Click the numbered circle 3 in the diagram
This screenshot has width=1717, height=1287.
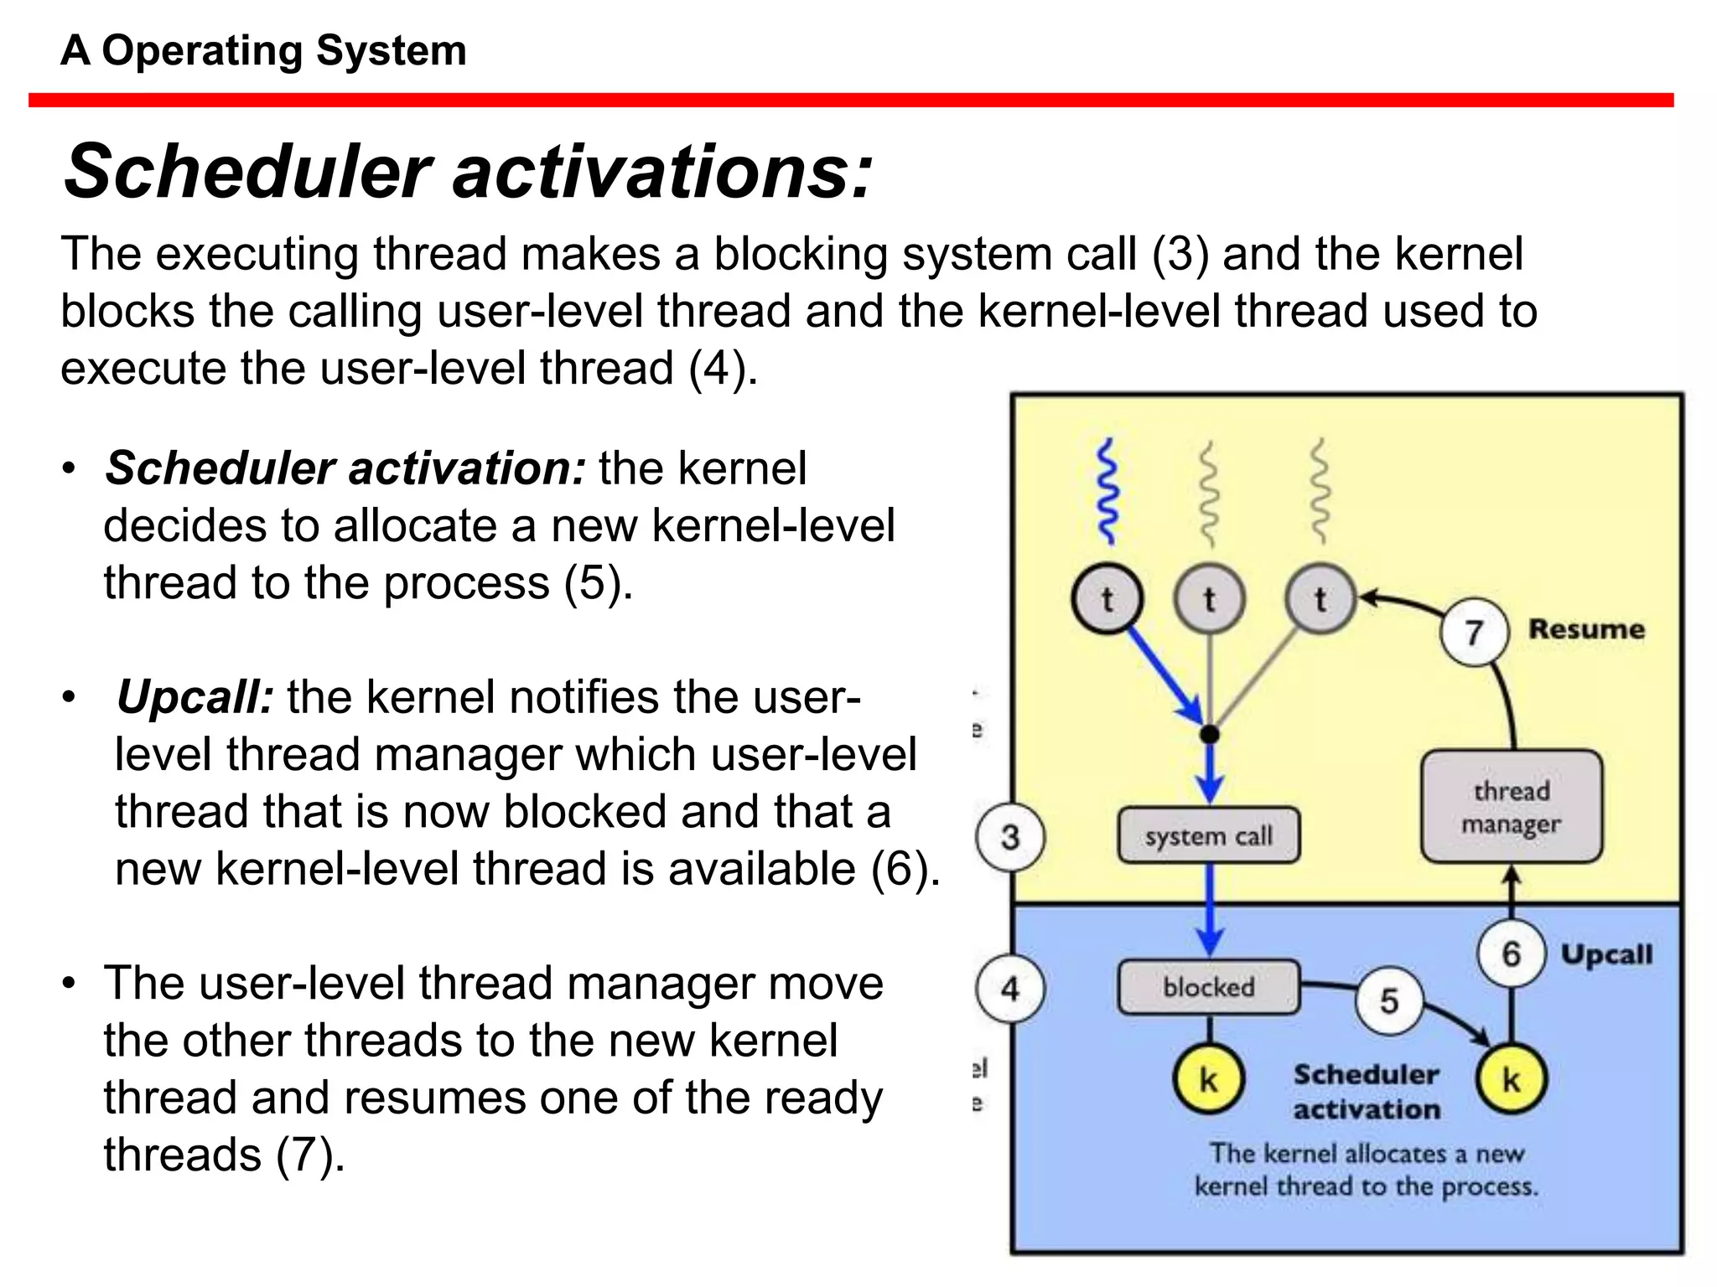1010,837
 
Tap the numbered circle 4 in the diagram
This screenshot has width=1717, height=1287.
1010,989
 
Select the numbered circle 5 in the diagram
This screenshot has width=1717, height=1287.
1389,1000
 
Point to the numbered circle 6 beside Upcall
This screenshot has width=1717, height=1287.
1511,954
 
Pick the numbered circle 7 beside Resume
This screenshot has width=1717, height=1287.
1474,632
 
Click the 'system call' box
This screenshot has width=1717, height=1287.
1209,835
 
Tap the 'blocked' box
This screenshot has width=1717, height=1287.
1209,987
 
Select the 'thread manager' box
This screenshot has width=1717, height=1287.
1512,807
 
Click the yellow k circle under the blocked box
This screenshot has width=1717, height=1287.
1208,1079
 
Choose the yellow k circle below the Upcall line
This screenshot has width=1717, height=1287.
1511,1079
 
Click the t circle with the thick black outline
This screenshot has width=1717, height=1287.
1107,599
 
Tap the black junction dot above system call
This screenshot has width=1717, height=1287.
1209,735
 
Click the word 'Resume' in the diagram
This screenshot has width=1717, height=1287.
1586,629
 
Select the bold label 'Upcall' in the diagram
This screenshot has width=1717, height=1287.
1606,954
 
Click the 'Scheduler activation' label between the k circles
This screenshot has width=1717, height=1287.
1366,1091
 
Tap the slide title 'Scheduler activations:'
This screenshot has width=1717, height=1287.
468,172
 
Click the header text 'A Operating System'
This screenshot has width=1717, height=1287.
263,50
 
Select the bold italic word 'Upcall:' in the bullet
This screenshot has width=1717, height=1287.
195,697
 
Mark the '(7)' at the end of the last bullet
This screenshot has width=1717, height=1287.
310,1155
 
